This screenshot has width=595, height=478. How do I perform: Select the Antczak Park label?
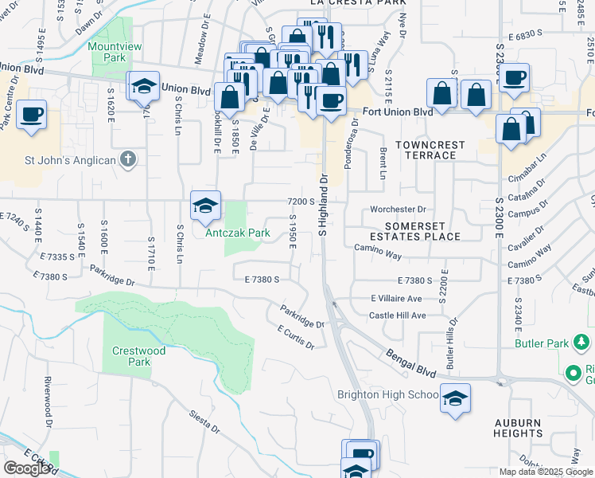(239, 233)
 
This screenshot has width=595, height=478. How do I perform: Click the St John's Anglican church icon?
(128, 159)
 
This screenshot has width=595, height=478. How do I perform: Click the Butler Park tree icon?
(582, 343)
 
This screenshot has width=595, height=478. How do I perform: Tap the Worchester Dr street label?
(399, 210)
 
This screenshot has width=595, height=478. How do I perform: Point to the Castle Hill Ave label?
(398, 315)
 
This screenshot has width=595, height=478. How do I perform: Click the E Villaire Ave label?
(396, 298)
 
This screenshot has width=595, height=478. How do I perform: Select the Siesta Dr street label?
(204, 421)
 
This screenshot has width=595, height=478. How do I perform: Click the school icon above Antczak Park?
(205, 206)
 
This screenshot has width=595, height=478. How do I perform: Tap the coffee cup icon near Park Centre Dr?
(32, 115)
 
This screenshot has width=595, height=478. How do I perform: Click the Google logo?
(27, 468)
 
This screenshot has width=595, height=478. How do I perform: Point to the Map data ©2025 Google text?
(546, 472)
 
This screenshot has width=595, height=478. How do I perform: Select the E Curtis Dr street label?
(297, 337)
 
